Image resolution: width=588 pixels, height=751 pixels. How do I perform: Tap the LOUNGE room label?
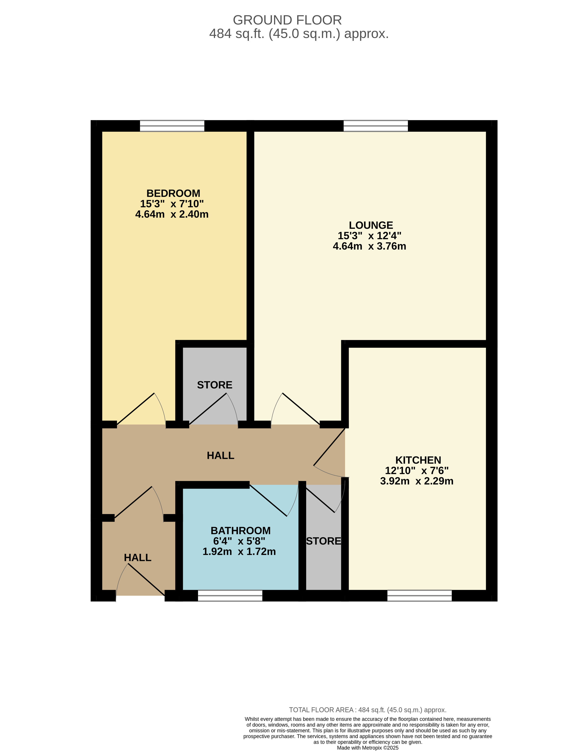point(371,225)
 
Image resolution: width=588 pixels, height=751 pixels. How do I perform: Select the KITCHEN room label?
point(418,460)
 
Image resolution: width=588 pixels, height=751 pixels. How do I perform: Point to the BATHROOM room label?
point(240,531)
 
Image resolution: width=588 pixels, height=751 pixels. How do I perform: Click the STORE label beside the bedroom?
point(215,385)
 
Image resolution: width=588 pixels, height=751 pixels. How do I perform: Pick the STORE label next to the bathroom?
point(324,541)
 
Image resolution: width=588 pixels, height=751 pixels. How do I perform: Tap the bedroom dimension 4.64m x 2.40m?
point(172,214)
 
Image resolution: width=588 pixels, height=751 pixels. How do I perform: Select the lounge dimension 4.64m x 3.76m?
point(369,246)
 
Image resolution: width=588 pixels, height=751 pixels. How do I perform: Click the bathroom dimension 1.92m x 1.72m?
point(239,552)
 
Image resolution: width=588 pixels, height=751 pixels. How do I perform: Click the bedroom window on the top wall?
point(172,126)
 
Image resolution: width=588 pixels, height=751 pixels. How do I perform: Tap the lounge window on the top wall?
point(376,126)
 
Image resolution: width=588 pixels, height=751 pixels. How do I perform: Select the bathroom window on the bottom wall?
point(230,596)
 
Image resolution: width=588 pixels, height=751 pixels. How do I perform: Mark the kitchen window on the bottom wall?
point(419,596)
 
